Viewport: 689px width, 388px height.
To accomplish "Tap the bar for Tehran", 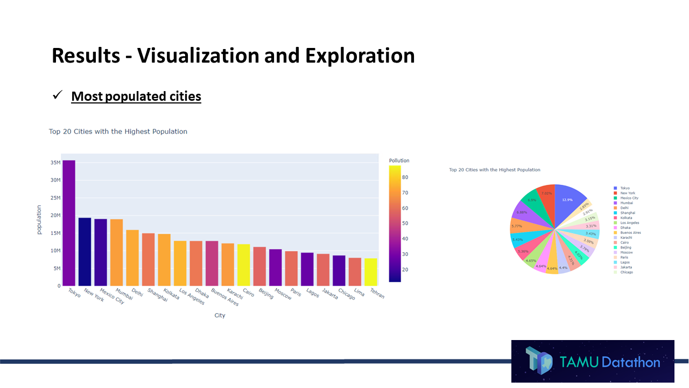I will click(x=370, y=272).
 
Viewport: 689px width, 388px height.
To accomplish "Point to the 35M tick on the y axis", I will click(x=55, y=163).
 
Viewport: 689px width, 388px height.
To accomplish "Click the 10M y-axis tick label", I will click(x=55, y=251).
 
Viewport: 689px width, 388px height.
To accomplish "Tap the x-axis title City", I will click(x=220, y=315).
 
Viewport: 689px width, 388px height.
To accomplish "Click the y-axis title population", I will click(x=39, y=219).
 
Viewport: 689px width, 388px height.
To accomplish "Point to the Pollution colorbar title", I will click(x=399, y=161).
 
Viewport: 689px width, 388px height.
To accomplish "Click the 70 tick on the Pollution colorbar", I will click(x=405, y=192).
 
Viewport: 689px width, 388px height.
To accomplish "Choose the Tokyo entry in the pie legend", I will click(x=624, y=188).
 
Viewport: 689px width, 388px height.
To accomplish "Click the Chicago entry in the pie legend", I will click(x=627, y=272).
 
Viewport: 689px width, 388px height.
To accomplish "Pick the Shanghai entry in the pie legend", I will click(x=627, y=213).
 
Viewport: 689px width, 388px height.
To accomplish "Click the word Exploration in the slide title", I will click(x=360, y=56).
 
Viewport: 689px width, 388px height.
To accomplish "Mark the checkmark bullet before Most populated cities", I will click(x=58, y=96).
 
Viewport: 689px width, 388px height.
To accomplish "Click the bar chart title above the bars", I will click(x=118, y=131).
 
